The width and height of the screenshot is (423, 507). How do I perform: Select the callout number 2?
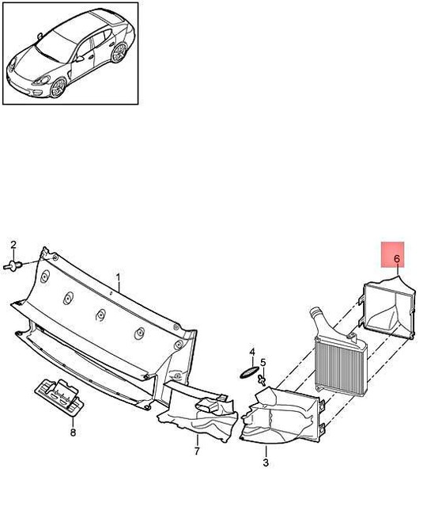(13, 244)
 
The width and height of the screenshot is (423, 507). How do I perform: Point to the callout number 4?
(251, 351)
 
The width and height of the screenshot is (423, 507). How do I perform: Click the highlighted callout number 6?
(396, 258)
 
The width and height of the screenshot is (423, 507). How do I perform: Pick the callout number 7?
(196, 452)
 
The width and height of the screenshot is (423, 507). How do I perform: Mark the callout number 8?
(73, 433)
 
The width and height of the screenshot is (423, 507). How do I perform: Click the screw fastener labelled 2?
(14, 265)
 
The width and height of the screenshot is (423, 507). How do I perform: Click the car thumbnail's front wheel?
(58, 87)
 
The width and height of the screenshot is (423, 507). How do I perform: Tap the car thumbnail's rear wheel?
(119, 53)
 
